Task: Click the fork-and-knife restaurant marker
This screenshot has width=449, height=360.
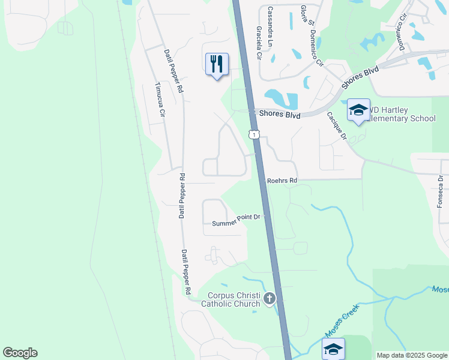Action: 217,64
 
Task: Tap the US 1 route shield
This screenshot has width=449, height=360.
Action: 255,134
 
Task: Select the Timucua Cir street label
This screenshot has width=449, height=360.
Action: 159,100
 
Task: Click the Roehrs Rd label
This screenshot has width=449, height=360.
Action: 282,180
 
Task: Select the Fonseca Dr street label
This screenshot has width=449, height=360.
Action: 440,193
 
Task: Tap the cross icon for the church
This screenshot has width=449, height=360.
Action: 270,298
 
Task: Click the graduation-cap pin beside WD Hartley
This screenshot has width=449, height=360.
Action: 358,110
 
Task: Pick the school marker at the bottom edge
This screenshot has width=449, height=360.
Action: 333,349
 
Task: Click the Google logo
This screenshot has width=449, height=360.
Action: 20,353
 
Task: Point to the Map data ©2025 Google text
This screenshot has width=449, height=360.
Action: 412,355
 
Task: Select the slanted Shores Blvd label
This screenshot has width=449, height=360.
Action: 360,77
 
